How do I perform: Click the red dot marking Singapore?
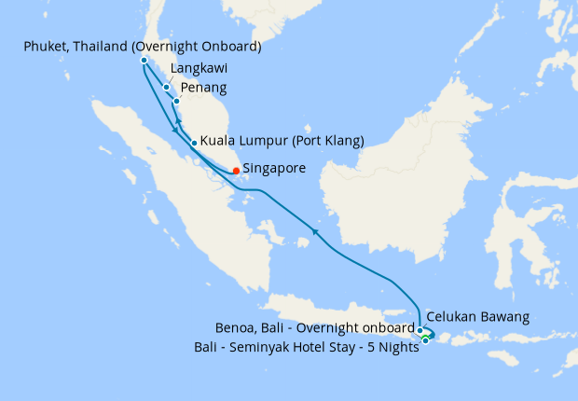tap(236, 171)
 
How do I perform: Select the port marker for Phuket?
tap(144, 61)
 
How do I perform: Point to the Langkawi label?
tap(200, 68)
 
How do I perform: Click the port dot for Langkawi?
tap(166, 88)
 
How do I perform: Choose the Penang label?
tap(202, 88)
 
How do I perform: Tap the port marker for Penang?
tap(176, 99)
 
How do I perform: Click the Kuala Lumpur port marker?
tap(193, 143)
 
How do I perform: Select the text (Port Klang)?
tap(326, 141)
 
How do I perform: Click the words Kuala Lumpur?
tap(243, 141)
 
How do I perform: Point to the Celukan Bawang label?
tap(478, 317)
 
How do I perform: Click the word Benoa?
tap(234, 328)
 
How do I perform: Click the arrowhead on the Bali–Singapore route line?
tap(316, 231)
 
